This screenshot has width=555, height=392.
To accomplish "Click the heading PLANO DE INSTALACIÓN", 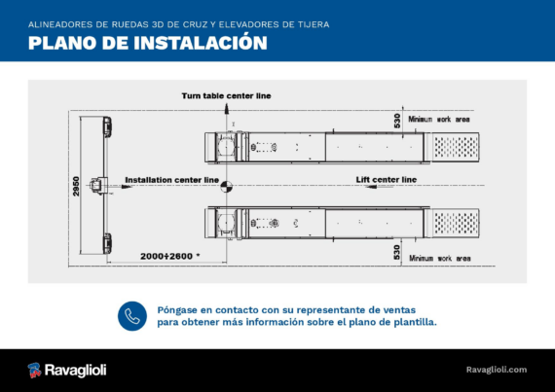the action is click(x=148, y=43).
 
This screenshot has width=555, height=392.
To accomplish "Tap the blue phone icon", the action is click(x=132, y=316).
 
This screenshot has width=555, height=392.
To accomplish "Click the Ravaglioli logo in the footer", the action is click(x=67, y=370).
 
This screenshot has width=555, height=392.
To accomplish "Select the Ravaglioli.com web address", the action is click(x=497, y=370).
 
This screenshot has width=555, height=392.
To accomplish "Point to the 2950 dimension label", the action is click(x=76, y=187).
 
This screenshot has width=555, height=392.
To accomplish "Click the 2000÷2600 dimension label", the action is click(x=169, y=256).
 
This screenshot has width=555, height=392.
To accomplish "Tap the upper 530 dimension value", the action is click(x=397, y=121).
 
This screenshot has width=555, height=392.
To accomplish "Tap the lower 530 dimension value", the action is click(x=397, y=252).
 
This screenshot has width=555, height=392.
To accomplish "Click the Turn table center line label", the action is click(x=226, y=95).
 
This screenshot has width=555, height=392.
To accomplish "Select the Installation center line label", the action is click(x=172, y=180).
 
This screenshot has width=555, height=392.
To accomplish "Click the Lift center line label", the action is click(x=387, y=180).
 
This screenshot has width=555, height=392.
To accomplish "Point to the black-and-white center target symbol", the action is click(x=227, y=187).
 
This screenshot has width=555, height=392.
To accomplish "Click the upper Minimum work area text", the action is click(x=439, y=119).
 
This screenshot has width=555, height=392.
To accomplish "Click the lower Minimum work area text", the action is click(x=440, y=259).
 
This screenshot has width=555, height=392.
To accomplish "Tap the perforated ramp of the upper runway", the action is click(x=456, y=147).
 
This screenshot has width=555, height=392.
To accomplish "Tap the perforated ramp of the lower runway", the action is click(x=456, y=223).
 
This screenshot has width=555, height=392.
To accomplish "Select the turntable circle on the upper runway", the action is click(x=226, y=147).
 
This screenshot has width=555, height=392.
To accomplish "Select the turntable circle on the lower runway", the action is click(x=226, y=223).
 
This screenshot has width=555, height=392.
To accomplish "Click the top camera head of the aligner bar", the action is click(x=107, y=126).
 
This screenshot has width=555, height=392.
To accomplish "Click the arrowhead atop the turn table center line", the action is click(x=227, y=109).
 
